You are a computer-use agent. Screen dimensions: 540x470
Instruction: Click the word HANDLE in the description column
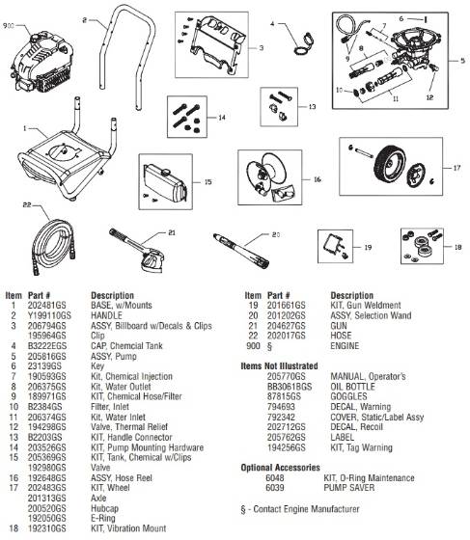coord(109,314)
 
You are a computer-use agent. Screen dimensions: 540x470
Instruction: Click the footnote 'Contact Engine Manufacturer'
coord(305,507)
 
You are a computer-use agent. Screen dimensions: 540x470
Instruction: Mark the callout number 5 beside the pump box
coord(460,60)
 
